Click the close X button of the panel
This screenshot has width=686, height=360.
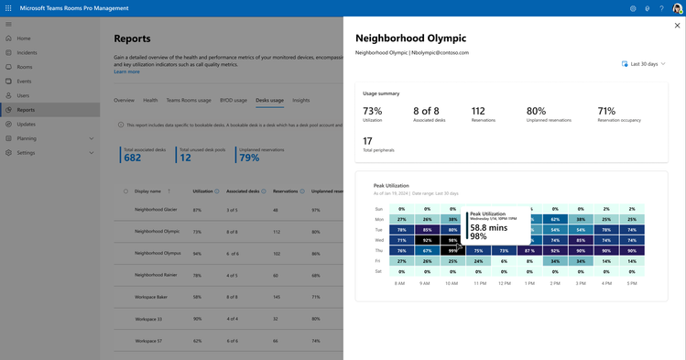coord(677,26)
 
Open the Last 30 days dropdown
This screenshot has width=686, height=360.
coord(648,64)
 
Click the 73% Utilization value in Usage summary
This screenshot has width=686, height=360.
coord(373,111)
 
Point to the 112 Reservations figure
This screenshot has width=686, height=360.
coord(478,111)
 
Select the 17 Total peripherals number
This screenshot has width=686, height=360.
coord(367,140)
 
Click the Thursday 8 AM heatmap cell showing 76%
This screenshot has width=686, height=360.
coord(401,250)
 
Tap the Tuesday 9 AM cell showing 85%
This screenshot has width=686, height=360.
coord(427,230)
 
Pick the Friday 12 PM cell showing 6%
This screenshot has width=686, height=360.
coord(503,260)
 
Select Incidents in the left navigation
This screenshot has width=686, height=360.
coord(27,53)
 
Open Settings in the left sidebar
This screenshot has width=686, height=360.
coord(26,152)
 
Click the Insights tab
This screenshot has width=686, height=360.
coord(300,100)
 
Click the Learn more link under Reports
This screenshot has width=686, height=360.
coord(126,71)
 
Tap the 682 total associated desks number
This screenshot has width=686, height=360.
coord(132,158)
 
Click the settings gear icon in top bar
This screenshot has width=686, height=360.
coord(633,8)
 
